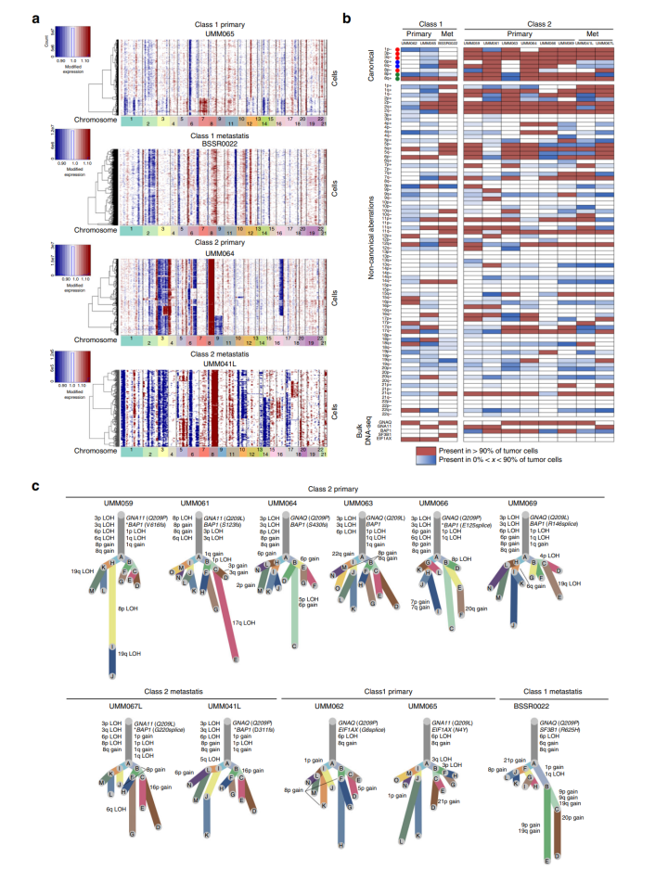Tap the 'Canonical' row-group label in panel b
[x=369, y=66]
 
